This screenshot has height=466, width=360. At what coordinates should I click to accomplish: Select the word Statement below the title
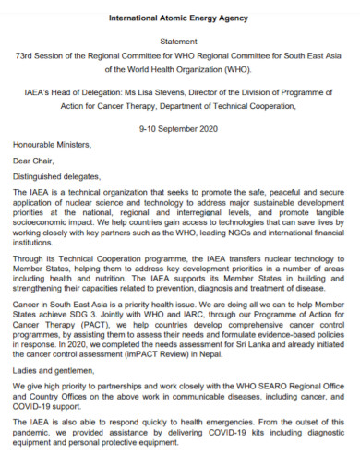(179, 42)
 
